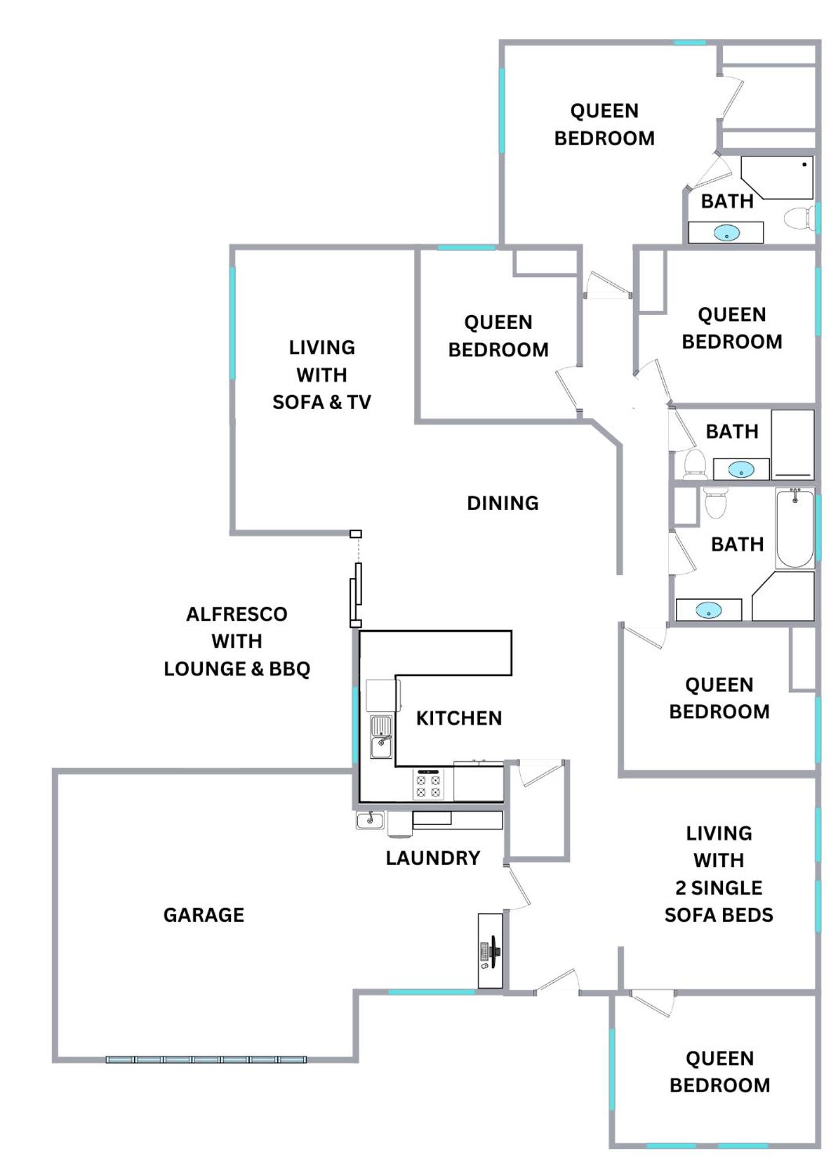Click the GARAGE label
tap(203, 915)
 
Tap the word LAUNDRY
tap(433, 858)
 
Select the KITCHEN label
tap(459, 718)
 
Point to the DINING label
tap(502, 503)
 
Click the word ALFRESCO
tap(237, 614)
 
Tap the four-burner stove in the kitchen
tap(428, 784)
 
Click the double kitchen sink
tap(381, 737)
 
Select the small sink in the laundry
tap(370, 819)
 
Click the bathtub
tap(795, 528)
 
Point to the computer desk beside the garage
tap(490, 950)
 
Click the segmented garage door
tap(206, 1059)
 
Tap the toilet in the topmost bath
tap(800, 218)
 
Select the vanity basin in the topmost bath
tap(726, 233)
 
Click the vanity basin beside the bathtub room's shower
tap(709, 610)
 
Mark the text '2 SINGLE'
tap(718, 887)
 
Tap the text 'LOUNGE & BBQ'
tap(237, 668)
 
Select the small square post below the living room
tap(356, 534)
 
